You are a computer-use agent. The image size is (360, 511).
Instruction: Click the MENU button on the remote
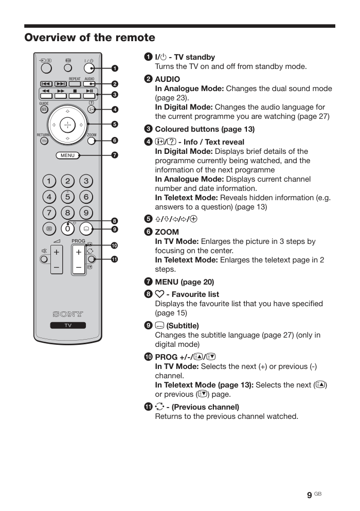click(67, 155)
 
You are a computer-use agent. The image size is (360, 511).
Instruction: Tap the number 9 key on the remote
click(86, 213)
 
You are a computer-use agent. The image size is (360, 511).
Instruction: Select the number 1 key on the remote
click(49, 181)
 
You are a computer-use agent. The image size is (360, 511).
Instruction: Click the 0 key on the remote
click(67, 228)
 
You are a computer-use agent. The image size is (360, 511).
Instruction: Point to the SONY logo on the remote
click(68, 314)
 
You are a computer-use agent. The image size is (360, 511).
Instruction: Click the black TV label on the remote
click(68, 325)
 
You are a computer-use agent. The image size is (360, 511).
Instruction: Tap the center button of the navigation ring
click(67, 125)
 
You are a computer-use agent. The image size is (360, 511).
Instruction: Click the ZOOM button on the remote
click(92, 141)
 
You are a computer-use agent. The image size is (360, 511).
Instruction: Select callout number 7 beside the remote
click(115, 155)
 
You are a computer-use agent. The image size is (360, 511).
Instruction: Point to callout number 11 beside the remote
click(115, 259)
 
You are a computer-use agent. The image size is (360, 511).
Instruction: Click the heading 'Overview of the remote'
click(89, 38)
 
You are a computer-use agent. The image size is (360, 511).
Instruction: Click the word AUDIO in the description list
click(168, 79)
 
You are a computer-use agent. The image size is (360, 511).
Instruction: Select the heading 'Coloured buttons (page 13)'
click(205, 129)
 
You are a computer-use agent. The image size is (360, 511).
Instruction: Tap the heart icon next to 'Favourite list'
click(159, 294)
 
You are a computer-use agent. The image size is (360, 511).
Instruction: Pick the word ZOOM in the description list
click(167, 232)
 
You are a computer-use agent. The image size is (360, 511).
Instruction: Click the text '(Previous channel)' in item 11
click(205, 407)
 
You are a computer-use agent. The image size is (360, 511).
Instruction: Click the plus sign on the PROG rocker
click(79, 252)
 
